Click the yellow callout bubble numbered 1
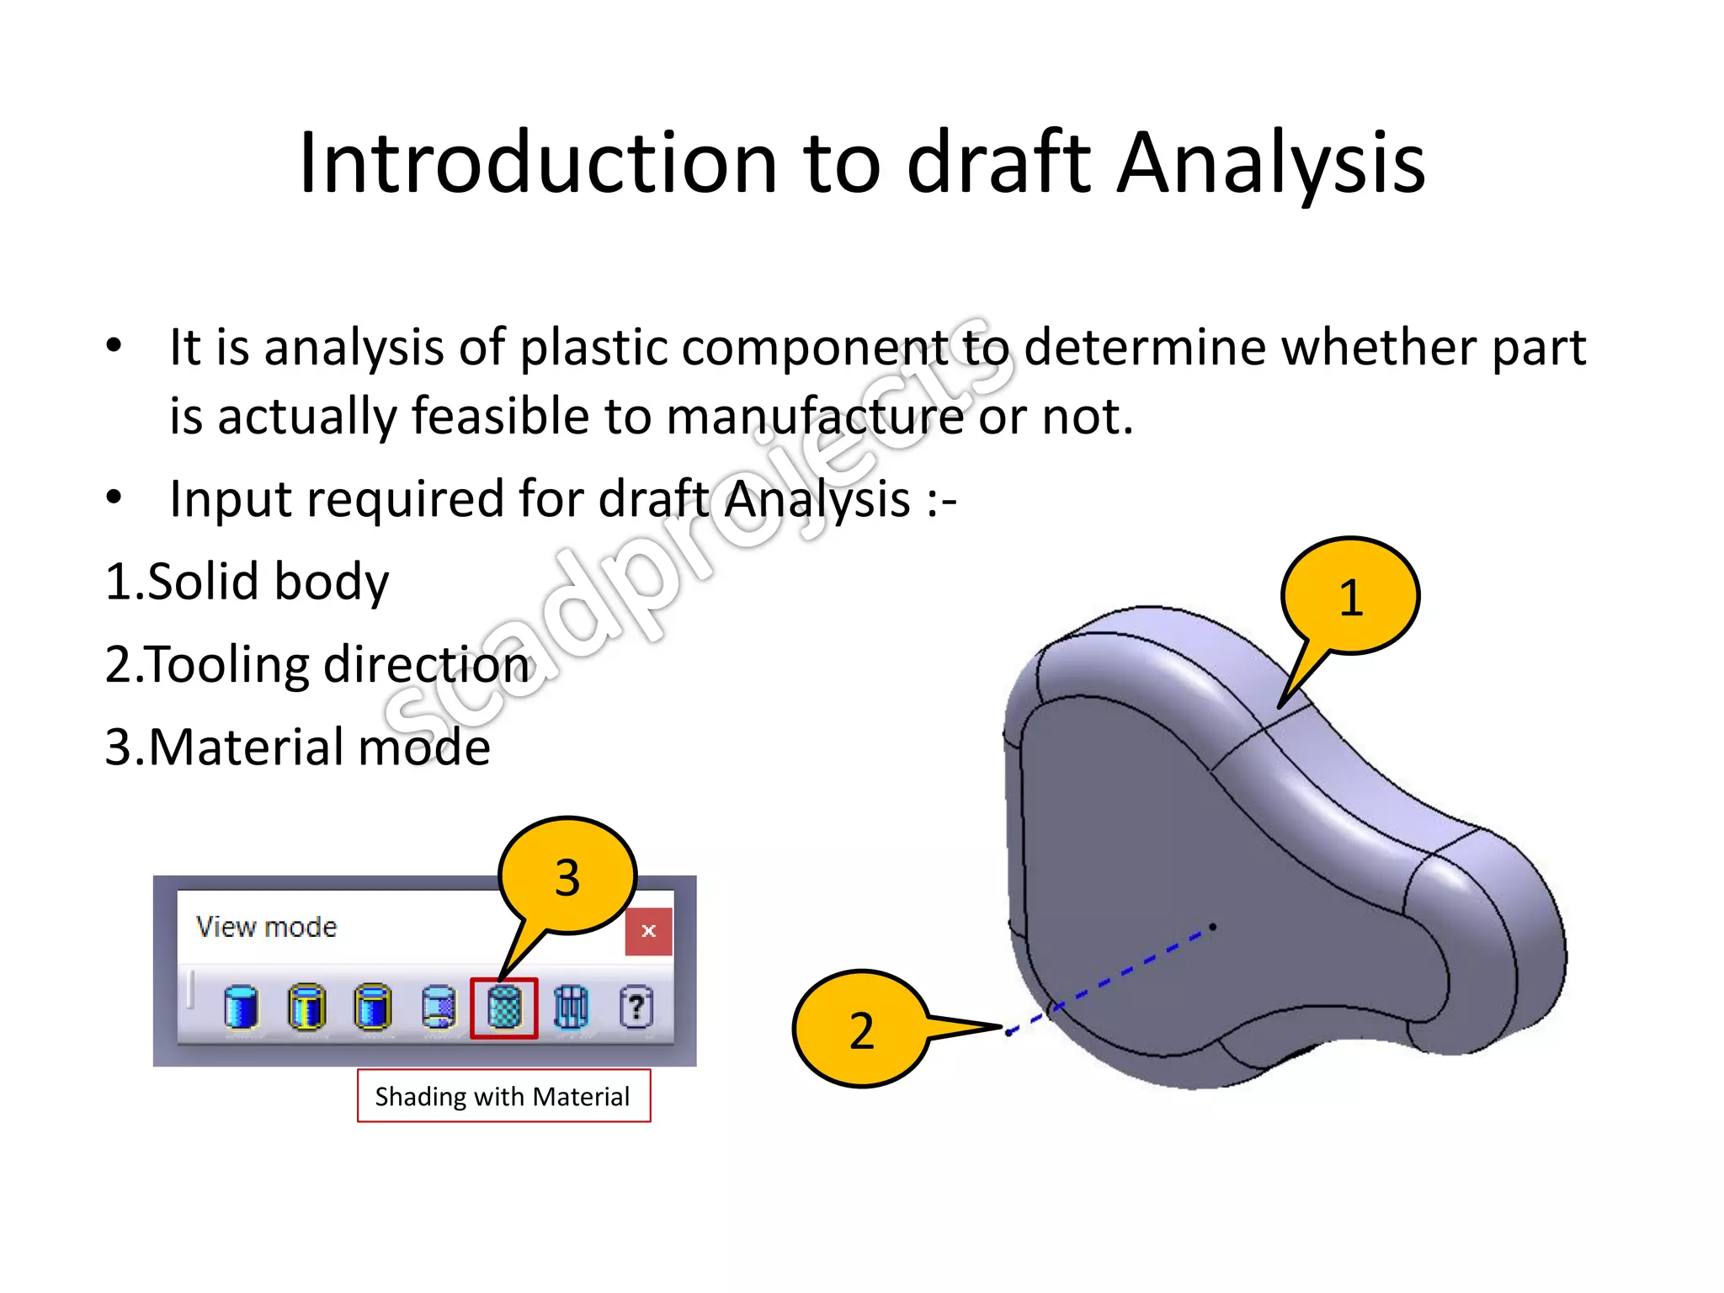click(1350, 596)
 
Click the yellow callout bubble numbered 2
click(860, 1030)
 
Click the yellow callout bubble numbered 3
click(567, 876)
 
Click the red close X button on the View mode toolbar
click(648, 931)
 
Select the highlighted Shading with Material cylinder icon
click(503, 1008)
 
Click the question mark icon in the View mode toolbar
click(636, 1007)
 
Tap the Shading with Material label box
click(503, 1096)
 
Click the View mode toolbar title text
click(266, 927)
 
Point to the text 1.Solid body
click(247, 582)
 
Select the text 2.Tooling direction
click(317, 664)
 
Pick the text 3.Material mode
click(297, 747)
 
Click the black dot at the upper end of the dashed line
click(1212, 927)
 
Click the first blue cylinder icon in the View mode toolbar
click(241, 1007)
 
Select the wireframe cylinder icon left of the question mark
click(571, 1007)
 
